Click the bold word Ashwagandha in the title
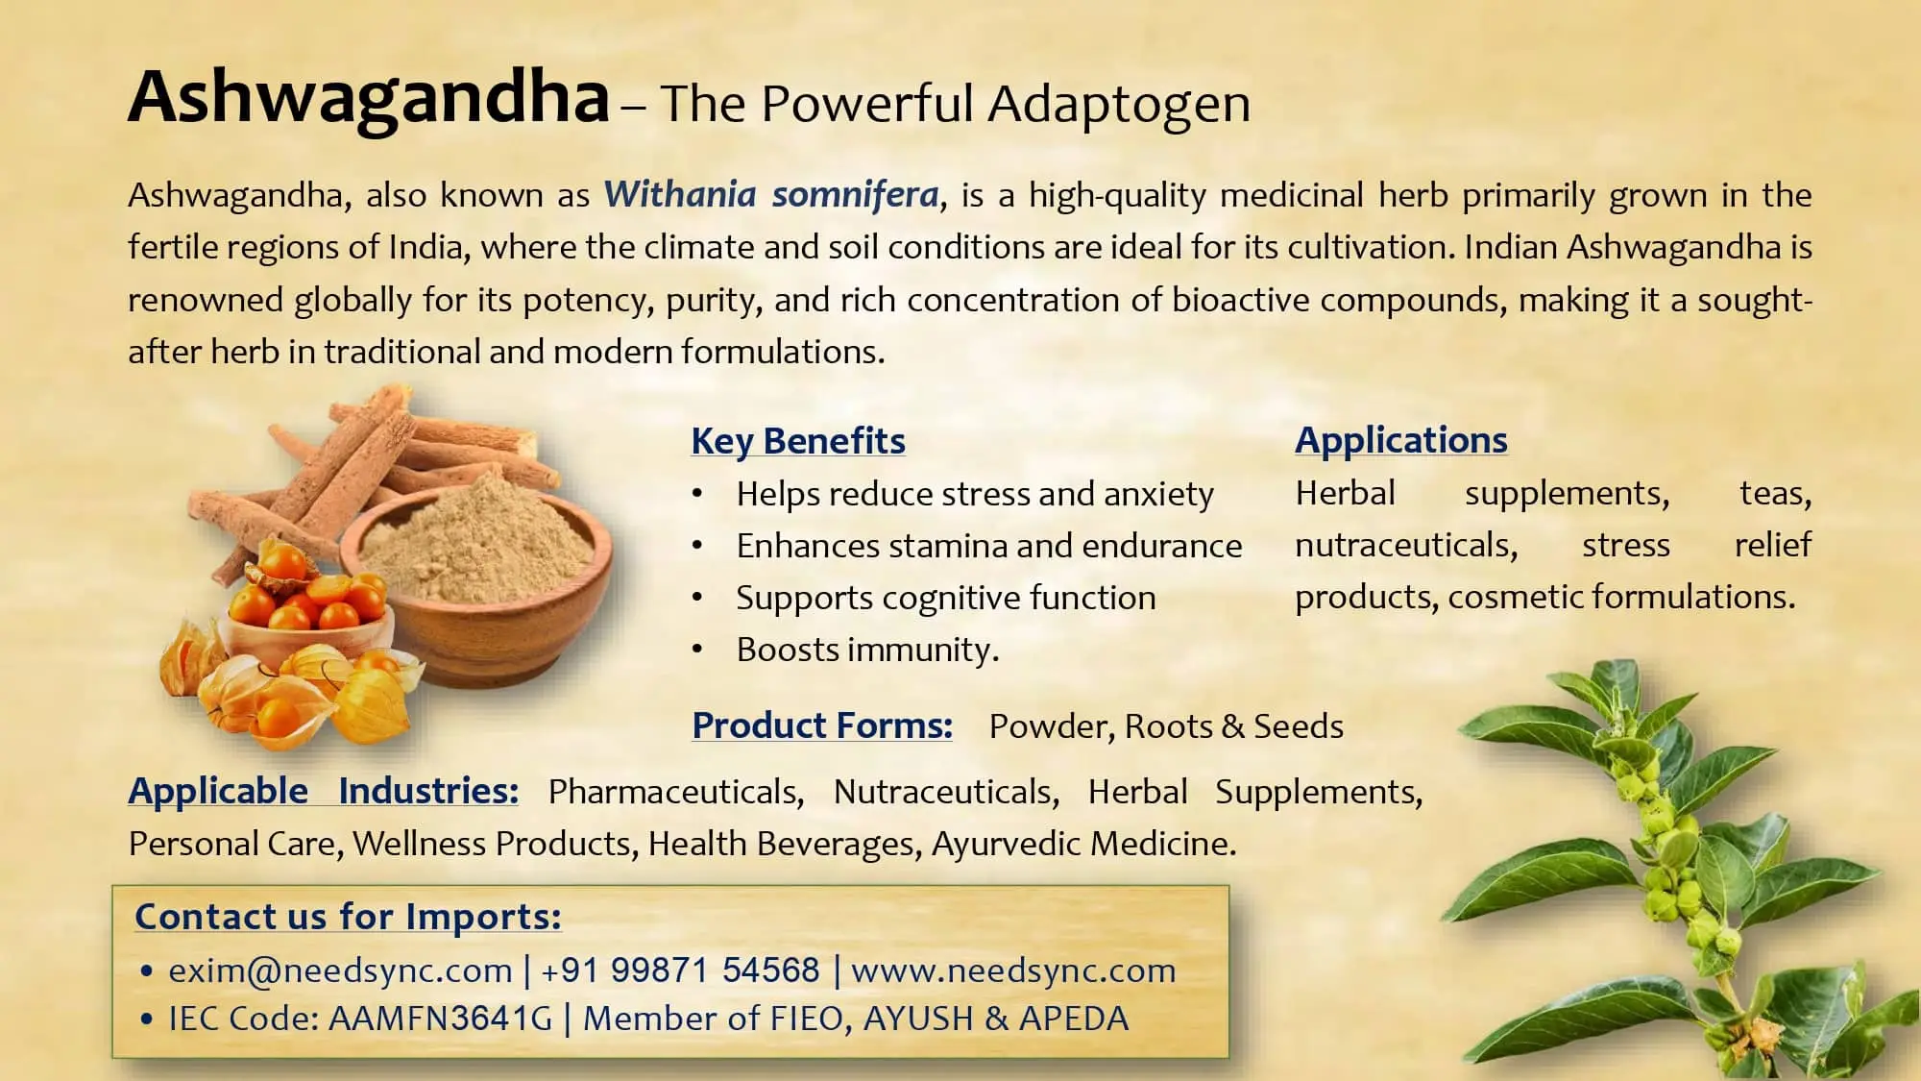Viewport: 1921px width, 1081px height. pyautogui.click(x=369, y=98)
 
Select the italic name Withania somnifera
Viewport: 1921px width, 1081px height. pyautogui.click(x=771, y=195)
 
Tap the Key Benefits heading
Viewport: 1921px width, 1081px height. pyautogui.click(x=797, y=441)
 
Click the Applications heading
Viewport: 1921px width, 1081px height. pyautogui.click(x=1400, y=440)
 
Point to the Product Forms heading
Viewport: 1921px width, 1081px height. pyautogui.click(x=822, y=725)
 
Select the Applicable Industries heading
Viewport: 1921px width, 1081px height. pyautogui.click(x=324, y=791)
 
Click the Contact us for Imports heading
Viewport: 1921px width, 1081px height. pyautogui.click(x=348, y=917)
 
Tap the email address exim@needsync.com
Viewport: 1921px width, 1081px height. pyautogui.click(x=340, y=970)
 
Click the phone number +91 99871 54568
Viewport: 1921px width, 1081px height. pyautogui.click(x=680, y=970)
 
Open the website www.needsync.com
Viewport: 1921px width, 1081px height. pyautogui.click(x=1013, y=970)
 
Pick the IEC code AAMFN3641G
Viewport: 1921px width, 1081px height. pyautogui.click(x=441, y=1019)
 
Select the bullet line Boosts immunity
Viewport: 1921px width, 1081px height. pyautogui.click(x=867, y=651)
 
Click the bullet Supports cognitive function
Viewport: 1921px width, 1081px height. pyautogui.click(x=945, y=599)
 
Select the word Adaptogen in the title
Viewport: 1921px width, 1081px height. pyautogui.click(x=1119, y=104)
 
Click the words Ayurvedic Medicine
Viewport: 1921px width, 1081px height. pyautogui.click(x=1083, y=844)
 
